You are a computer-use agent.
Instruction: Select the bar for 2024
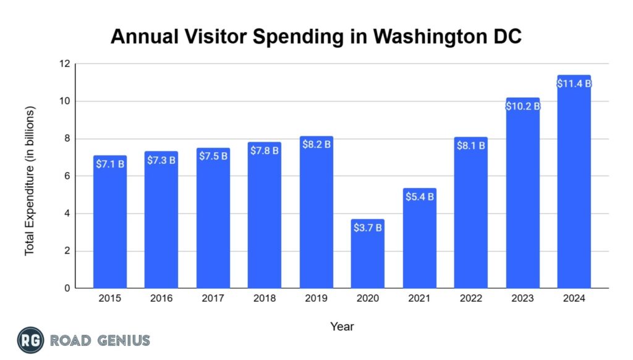[x=574, y=186]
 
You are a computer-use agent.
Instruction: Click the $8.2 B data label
[x=316, y=144]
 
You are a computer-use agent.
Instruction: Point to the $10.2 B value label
[x=522, y=106]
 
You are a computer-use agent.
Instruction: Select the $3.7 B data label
[x=367, y=228]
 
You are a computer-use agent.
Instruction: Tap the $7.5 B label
[x=213, y=156]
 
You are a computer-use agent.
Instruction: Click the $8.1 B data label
[x=470, y=146]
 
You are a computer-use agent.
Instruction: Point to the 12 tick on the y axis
[x=64, y=64]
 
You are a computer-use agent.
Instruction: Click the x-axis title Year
[x=342, y=326]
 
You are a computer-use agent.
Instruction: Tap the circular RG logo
[x=30, y=340]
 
